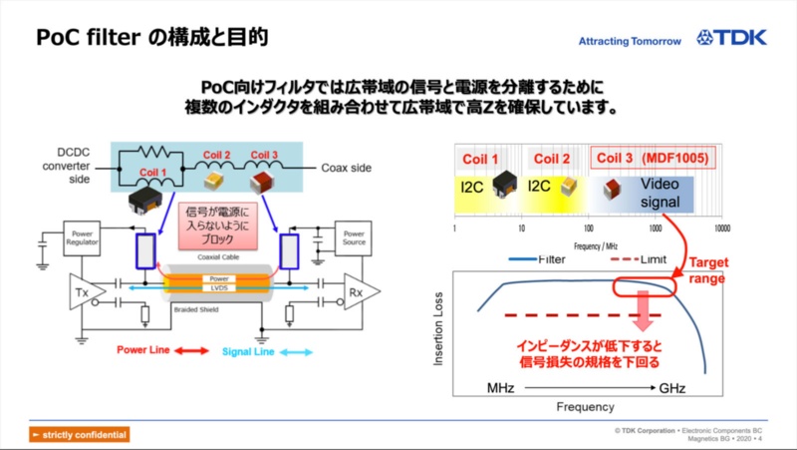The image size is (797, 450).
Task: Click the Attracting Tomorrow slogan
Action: [x=630, y=41]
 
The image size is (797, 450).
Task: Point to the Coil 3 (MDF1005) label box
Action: [x=655, y=159]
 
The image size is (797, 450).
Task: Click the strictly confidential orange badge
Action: [x=79, y=434]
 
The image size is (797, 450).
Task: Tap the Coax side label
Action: [x=346, y=168]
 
